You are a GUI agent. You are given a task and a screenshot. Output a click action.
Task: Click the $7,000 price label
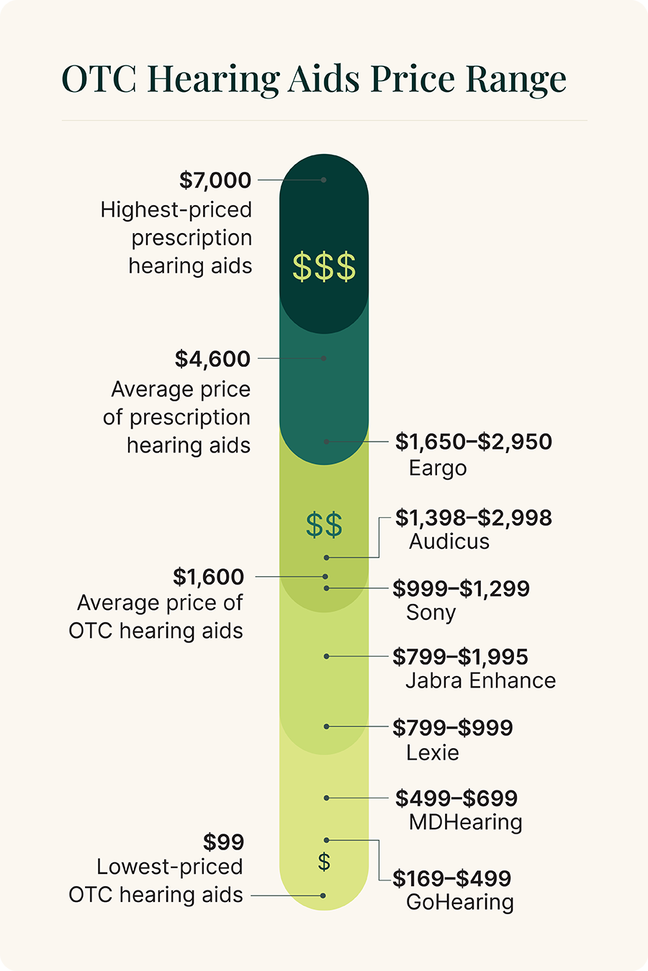(215, 180)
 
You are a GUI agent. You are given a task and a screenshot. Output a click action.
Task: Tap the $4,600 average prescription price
(212, 359)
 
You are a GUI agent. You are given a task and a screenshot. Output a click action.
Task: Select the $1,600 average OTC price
(208, 577)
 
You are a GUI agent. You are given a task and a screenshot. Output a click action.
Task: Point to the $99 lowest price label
(223, 842)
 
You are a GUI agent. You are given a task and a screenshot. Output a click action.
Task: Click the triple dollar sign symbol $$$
(324, 267)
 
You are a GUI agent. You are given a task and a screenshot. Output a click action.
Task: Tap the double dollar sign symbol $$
(324, 525)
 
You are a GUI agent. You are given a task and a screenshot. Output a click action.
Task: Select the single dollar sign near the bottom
(324, 862)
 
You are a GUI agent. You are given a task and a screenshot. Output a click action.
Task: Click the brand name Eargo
(438, 468)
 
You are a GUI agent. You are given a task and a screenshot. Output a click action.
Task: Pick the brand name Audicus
(449, 542)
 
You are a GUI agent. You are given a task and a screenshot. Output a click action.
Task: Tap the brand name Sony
(431, 613)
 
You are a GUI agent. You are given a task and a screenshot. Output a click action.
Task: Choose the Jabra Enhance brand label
(480, 680)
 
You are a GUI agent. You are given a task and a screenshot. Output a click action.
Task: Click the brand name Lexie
(432, 752)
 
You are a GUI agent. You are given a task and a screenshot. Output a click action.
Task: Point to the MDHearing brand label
(465, 822)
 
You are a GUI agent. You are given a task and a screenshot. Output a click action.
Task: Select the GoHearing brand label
(460, 902)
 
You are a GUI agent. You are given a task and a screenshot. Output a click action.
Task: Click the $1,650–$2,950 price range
(473, 442)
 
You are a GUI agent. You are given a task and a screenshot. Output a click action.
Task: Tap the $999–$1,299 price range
(461, 589)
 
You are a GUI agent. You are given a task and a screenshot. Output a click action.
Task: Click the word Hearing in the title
(213, 79)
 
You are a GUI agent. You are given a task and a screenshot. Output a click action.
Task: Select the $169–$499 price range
(452, 878)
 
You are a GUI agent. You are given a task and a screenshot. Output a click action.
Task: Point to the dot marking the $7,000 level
(324, 180)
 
